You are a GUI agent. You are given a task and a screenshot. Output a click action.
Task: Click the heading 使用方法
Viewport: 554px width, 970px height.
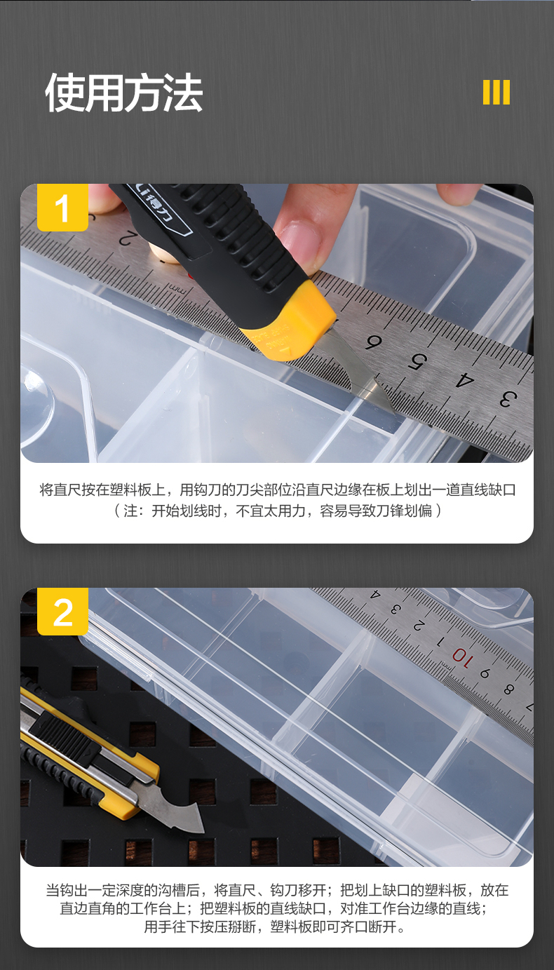coord(124,93)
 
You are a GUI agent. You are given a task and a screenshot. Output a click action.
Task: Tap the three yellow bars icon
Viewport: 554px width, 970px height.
coord(496,92)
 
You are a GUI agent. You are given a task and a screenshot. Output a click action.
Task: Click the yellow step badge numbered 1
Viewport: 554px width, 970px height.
coord(62,208)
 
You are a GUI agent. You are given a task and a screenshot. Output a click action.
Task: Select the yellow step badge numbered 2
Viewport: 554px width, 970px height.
coord(62,611)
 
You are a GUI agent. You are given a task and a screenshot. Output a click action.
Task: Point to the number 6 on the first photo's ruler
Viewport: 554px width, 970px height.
coord(373,342)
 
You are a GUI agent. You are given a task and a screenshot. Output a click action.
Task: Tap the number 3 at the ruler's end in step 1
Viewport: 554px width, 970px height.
coord(508,399)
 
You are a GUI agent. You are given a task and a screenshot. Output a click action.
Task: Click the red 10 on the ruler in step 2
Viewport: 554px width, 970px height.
coord(462,659)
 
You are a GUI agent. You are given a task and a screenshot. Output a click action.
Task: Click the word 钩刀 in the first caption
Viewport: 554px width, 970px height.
coord(208,490)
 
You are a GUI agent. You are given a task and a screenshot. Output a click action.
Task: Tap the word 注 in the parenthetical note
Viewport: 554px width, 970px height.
coord(130,511)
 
